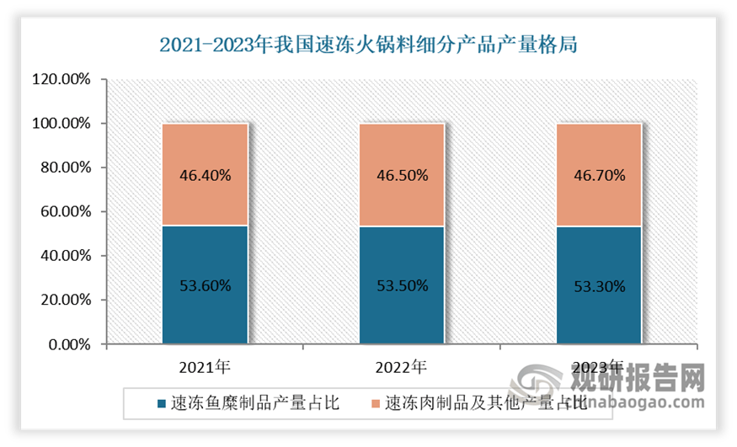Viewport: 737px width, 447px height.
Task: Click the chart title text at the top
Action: coord(368,44)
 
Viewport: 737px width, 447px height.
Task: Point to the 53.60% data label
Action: coord(205,285)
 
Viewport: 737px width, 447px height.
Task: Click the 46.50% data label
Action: coord(402,176)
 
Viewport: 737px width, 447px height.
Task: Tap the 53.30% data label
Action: coord(599,286)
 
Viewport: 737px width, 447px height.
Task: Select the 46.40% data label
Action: coord(205,176)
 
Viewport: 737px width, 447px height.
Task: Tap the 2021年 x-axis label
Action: coord(204,367)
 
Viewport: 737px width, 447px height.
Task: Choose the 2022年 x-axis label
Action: coord(401,367)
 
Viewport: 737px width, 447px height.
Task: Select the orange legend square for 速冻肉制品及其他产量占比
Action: coord(374,403)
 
